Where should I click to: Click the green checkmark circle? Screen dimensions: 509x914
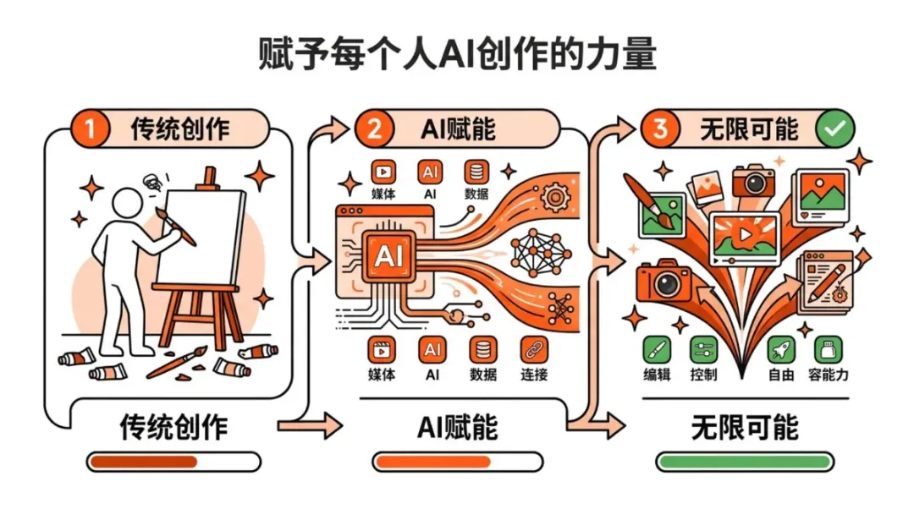(x=834, y=129)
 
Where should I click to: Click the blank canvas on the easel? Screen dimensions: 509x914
(x=202, y=236)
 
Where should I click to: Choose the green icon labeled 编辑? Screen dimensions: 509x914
(x=657, y=349)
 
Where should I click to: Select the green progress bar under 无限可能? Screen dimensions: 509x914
(x=745, y=462)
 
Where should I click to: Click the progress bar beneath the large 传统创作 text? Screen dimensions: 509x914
(x=173, y=462)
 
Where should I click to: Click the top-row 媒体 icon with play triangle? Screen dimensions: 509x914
(x=383, y=172)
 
